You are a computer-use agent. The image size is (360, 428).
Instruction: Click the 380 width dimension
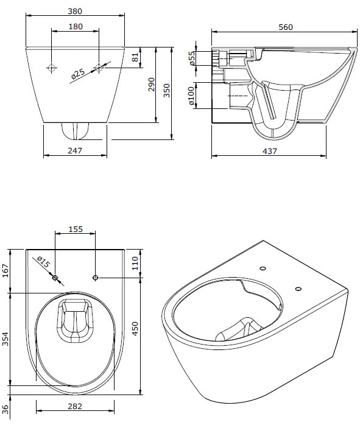(76, 11)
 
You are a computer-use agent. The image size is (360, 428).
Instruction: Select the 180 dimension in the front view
(76, 26)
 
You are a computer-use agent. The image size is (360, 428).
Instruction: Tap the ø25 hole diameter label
(77, 74)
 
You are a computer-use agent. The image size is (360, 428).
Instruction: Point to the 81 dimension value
(135, 58)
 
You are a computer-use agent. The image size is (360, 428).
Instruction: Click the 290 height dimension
(151, 88)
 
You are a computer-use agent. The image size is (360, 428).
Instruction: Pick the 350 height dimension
(166, 90)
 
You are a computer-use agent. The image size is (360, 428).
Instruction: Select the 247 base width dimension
(75, 150)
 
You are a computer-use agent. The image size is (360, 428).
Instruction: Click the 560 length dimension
(285, 27)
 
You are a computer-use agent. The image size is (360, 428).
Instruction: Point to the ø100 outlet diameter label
(191, 97)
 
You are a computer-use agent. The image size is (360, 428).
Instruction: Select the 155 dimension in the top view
(75, 230)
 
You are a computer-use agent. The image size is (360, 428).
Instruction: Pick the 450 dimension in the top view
(135, 329)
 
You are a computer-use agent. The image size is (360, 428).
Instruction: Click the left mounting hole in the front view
(52, 68)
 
